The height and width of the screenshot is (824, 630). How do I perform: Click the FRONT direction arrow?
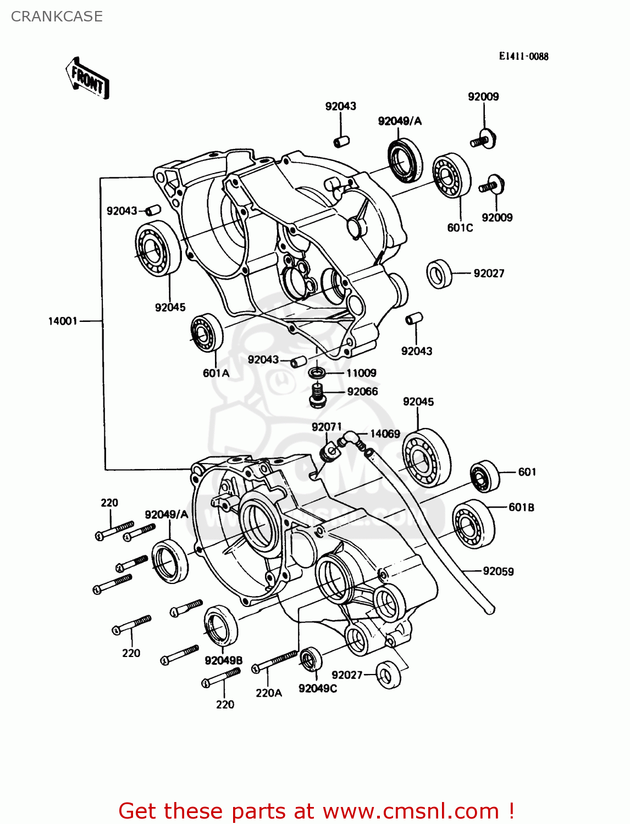click(87, 79)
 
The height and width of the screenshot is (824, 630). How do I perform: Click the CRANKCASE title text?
click(57, 16)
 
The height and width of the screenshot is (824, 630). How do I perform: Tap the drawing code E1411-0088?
click(523, 56)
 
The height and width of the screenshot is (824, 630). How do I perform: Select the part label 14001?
click(63, 321)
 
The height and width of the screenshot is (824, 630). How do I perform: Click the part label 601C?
click(460, 227)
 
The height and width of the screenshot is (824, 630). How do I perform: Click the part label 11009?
click(361, 373)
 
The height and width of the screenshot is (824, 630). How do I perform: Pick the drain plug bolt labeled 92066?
click(317, 396)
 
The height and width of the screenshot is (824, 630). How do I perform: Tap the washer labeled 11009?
click(317, 374)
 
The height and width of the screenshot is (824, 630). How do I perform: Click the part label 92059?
click(498, 571)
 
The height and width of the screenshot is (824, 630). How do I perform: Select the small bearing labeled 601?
click(484, 475)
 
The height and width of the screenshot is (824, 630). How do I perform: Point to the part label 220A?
click(269, 693)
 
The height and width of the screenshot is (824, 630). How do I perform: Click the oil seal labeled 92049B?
click(220, 626)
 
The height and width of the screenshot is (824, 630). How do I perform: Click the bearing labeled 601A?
click(207, 332)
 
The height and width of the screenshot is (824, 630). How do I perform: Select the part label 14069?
click(385, 434)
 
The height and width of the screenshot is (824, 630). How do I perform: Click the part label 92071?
click(327, 427)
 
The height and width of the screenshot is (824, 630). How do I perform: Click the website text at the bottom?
click(316, 811)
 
